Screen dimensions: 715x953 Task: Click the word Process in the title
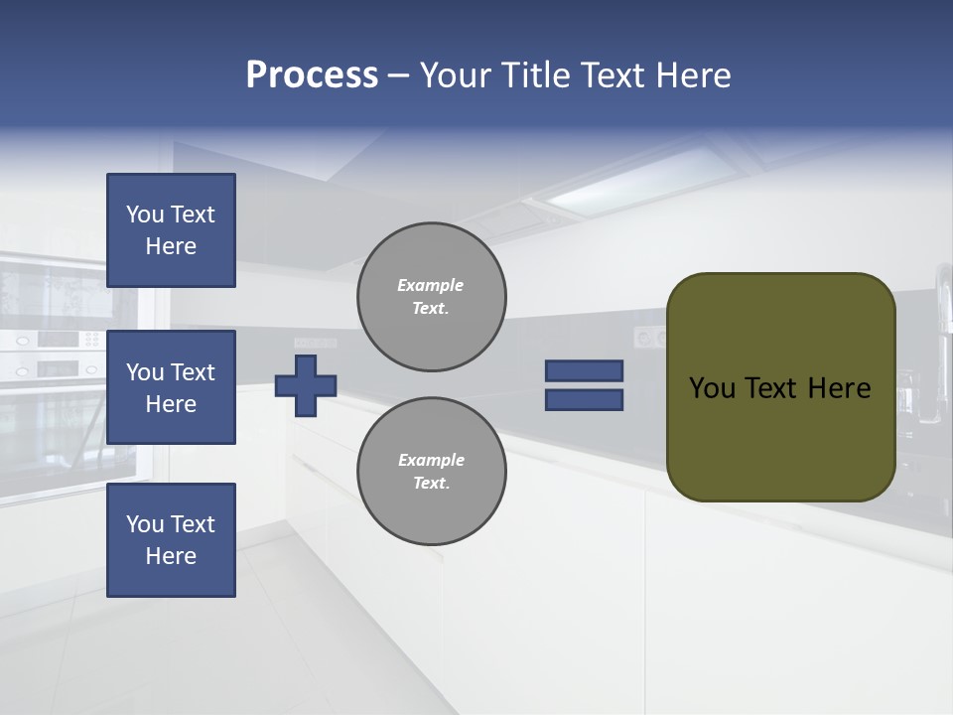(x=312, y=75)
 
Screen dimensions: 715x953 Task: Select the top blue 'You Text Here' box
(x=171, y=230)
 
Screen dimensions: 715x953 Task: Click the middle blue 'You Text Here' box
(x=171, y=387)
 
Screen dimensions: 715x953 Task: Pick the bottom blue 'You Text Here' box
(x=171, y=539)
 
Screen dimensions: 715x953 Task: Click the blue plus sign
(x=305, y=385)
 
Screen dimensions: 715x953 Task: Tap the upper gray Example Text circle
(x=431, y=296)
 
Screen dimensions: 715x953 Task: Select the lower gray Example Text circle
(x=431, y=471)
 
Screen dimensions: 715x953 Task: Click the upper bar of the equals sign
(x=584, y=370)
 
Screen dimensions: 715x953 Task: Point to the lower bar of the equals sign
(x=584, y=400)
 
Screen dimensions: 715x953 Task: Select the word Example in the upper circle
(x=430, y=285)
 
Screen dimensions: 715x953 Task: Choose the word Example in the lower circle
(x=431, y=460)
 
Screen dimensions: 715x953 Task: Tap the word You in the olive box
(x=712, y=388)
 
